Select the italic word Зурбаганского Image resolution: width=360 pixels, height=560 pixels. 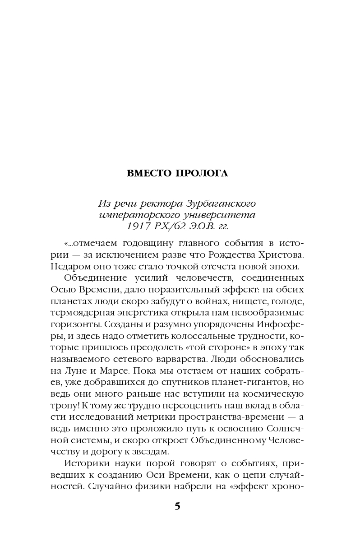225,203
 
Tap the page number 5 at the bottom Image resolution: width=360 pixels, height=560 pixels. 177,506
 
